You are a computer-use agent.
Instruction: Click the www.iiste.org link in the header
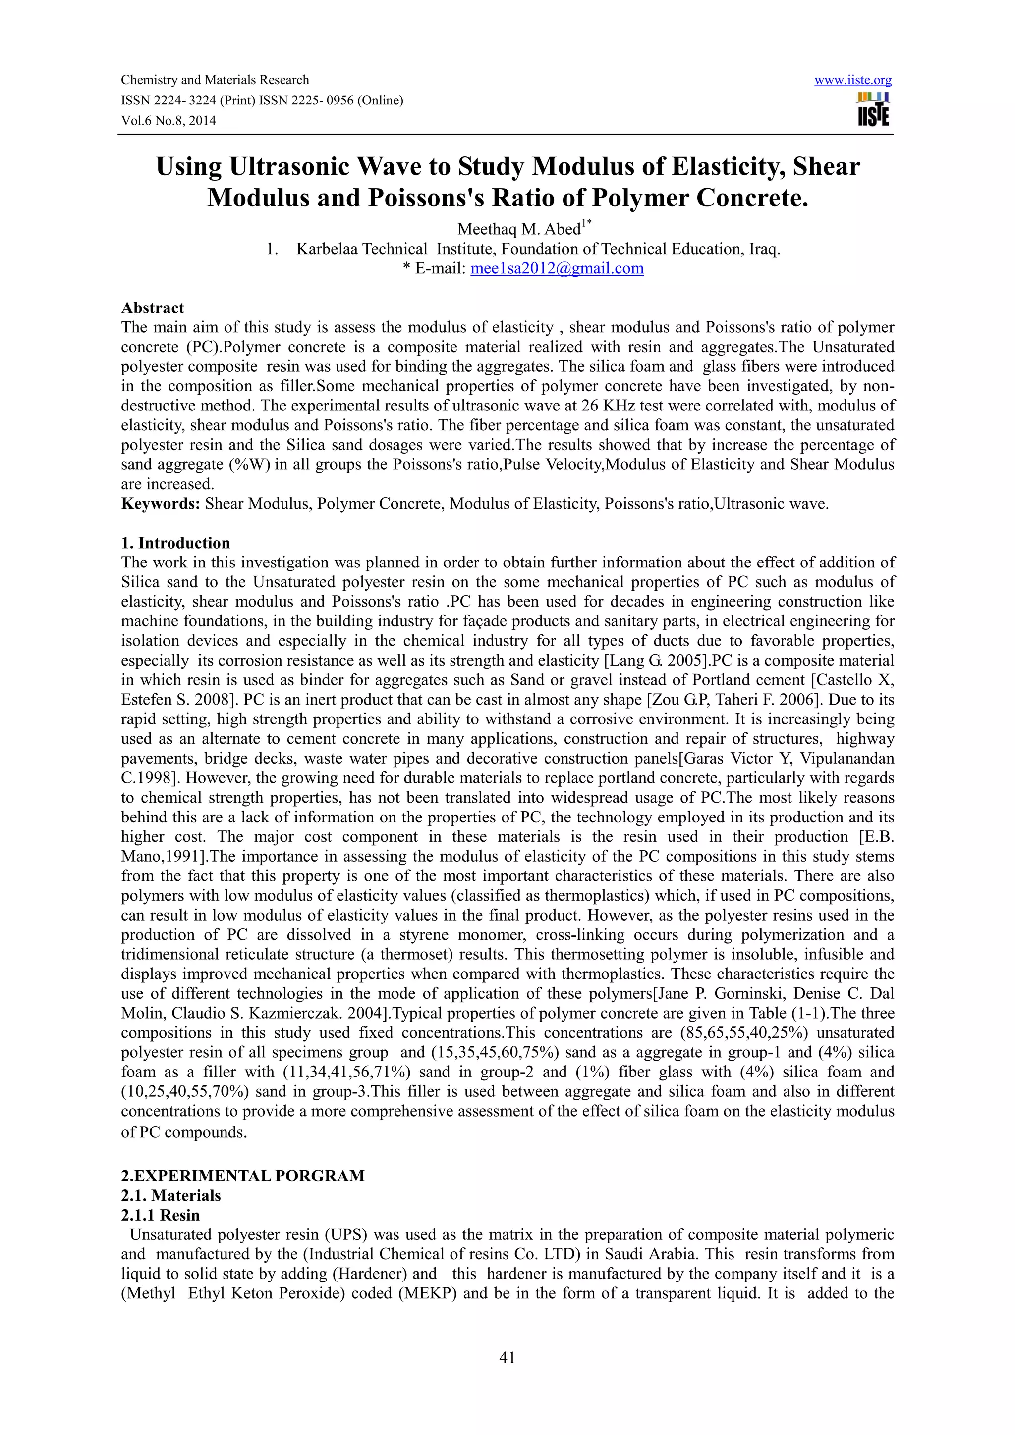point(852,80)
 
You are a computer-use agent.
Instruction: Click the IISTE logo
point(873,109)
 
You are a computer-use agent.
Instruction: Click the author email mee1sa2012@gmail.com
point(557,269)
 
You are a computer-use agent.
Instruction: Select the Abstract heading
point(153,308)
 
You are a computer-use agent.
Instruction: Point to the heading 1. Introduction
point(176,543)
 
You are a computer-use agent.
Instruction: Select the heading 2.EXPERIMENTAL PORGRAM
point(243,1176)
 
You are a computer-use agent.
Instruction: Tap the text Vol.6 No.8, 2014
point(168,121)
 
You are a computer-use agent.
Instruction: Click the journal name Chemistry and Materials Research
point(215,80)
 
